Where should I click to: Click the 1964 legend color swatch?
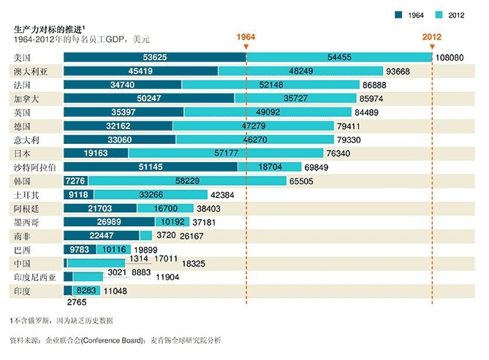(x=399, y=15)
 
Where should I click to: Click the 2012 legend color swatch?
(x=439, y=15)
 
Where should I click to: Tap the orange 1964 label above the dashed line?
(x=246, y=37)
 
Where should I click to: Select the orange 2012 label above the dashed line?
(x=432, y=37)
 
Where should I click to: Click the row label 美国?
(x=23, y=57)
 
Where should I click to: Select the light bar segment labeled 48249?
(x=301, y=71)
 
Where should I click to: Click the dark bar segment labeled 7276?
(x=75, y=181)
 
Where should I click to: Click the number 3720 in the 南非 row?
(x=166, y=237)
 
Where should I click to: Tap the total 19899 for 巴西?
(x=148, y=250)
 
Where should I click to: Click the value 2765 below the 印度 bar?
(x=77, y=302)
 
